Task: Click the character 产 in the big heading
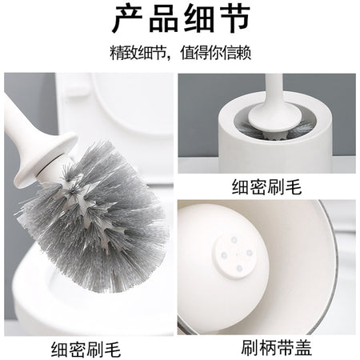[x=127, y=19]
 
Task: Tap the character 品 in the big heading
[x=163, y=19]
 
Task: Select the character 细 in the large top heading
[x=199, y=19]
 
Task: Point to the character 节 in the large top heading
[x=234, y=19]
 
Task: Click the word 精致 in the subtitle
[x=124, y=53]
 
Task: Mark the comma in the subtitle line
[x=169, y=57]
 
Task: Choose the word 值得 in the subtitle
[x=194, y=53]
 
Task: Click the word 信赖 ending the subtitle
[x=237, y=53]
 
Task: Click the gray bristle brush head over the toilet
[x=94, y=214]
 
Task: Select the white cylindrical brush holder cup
[x=275, y=134]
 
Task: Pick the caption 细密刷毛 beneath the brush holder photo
[x=266, y=186]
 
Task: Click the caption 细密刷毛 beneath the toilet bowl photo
[x=86, y=350]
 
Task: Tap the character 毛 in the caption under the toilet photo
[x=113, y=350]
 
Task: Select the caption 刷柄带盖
[x=277, y=347]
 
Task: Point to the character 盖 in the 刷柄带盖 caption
[x=303, y=347]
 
